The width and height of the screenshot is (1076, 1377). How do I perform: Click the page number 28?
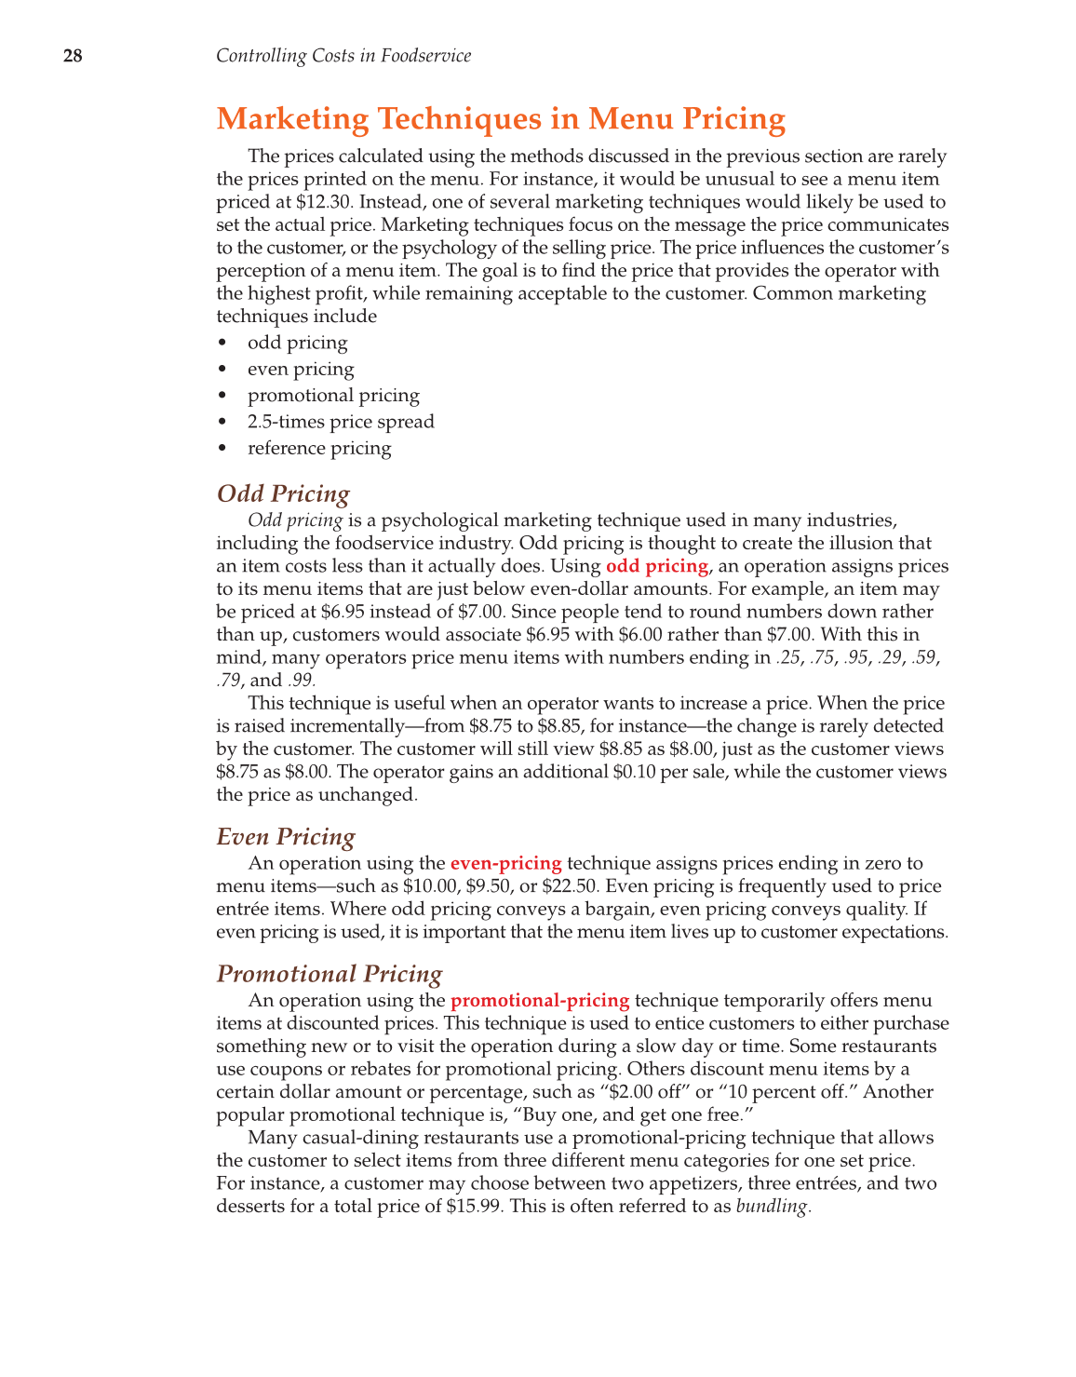(73, 56)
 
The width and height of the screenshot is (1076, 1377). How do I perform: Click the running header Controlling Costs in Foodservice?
(343, 56)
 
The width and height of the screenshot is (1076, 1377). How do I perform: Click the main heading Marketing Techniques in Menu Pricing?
(501, 119)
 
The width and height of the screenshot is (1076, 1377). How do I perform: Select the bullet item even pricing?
(301, 369)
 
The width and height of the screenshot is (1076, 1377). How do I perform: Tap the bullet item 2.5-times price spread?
(341, 422)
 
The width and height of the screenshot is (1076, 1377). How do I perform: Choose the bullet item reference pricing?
(319, 448)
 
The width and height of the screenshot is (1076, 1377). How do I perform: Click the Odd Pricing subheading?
(283, 493)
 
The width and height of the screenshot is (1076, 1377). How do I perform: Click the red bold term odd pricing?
(657, 566)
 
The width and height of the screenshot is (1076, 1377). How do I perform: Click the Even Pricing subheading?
(286, 837)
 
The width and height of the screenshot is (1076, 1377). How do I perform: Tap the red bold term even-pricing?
(505, 863)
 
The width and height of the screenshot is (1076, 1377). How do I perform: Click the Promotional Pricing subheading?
(330, 974)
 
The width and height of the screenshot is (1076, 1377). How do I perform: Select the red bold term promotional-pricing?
(540, 1001)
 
